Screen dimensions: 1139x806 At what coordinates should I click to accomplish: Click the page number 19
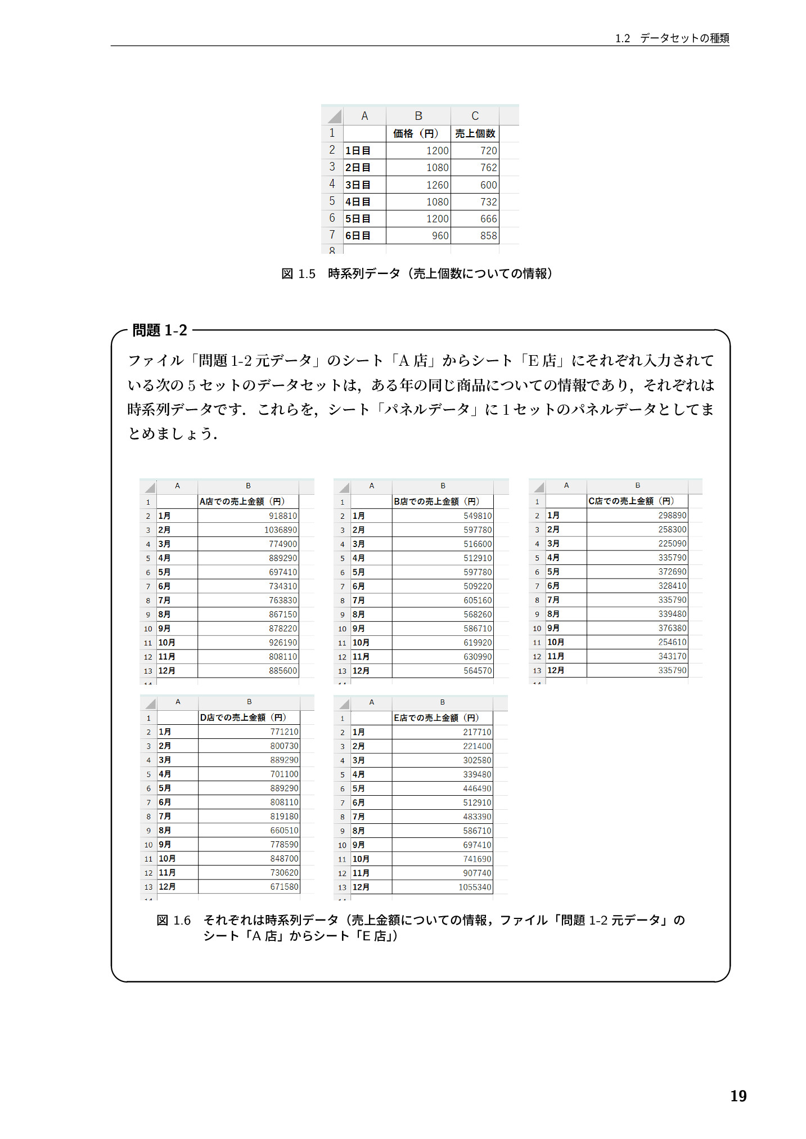738,1096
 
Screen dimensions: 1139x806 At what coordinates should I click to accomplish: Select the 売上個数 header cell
475,133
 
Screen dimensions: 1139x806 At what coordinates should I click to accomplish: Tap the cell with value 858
488,236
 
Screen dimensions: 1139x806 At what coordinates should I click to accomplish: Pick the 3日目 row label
358,185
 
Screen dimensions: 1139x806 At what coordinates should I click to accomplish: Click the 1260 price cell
437,185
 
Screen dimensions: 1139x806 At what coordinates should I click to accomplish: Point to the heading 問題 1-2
159,330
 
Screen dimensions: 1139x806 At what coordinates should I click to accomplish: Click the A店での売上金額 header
242,501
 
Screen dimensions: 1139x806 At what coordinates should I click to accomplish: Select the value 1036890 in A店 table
280,530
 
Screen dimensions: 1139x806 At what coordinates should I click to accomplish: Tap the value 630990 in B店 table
478,657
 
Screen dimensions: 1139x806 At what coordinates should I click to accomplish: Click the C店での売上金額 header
631,501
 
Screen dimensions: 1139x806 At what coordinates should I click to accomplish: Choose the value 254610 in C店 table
672,642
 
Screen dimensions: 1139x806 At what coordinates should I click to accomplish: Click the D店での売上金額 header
243,718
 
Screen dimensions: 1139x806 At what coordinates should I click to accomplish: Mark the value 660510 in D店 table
284,831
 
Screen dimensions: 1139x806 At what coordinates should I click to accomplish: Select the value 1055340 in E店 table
475,887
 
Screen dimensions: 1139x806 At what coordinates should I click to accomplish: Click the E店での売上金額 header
436,718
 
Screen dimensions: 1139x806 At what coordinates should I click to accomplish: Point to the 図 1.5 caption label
298,274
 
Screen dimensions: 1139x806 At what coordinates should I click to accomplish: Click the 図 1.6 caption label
173,921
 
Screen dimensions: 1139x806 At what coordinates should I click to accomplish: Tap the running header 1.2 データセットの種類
672,38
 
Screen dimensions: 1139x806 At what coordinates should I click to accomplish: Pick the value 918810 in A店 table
282,516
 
